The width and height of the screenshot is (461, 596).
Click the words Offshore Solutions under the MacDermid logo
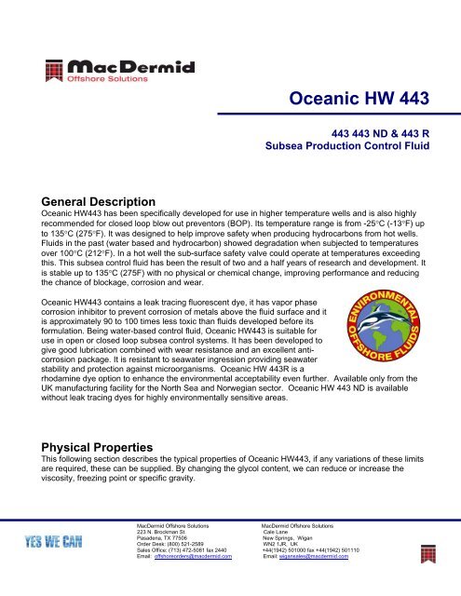point(98,80)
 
